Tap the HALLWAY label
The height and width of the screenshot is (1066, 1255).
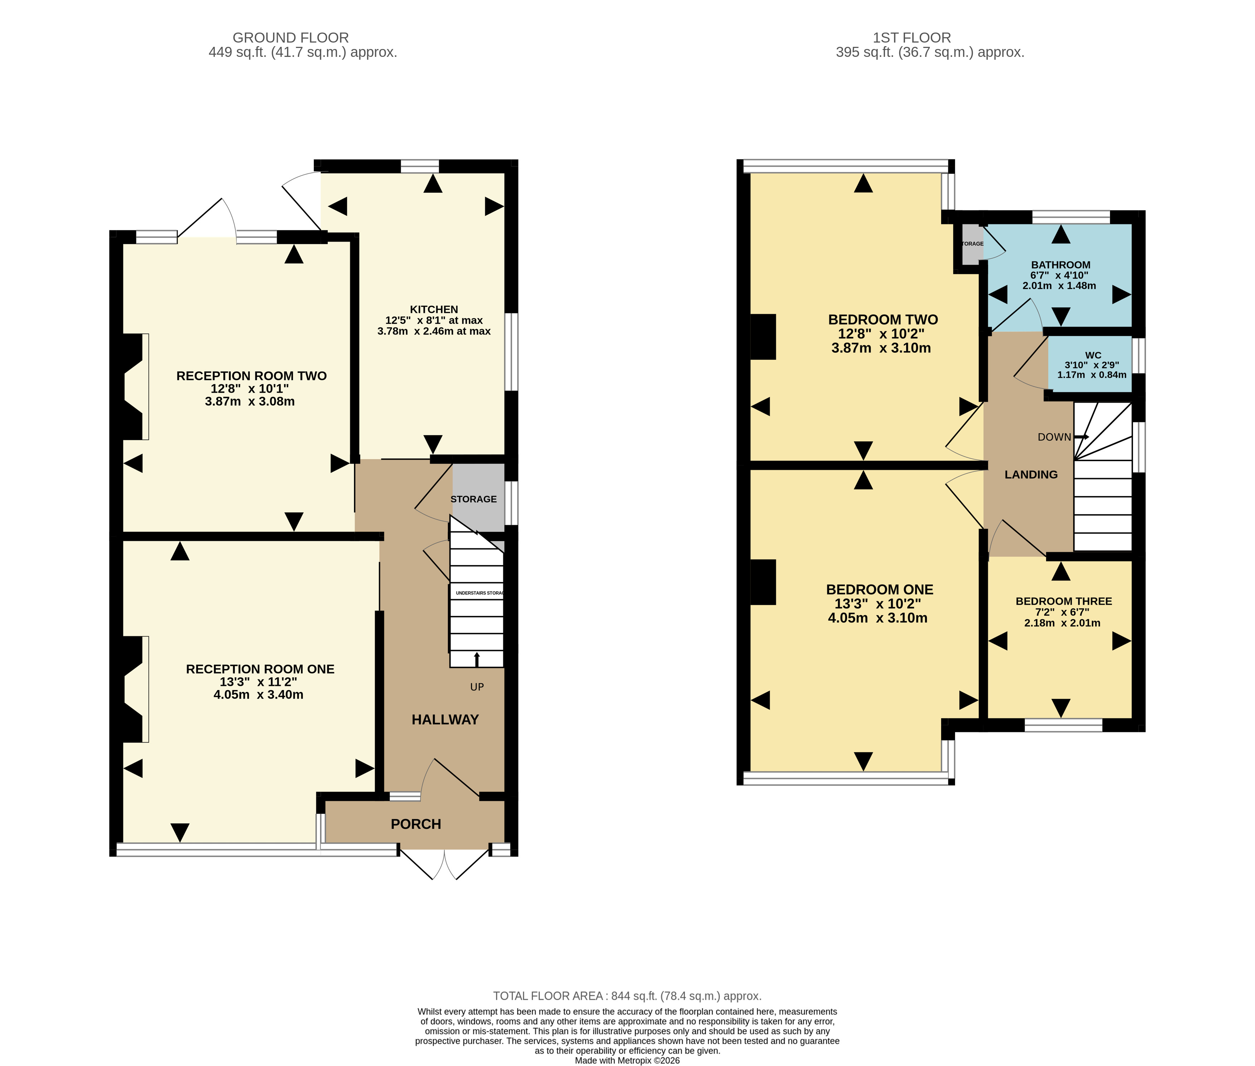point(445,720)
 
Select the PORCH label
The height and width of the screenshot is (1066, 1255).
point(415,824)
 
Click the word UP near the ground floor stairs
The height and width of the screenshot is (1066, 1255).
point(477,687)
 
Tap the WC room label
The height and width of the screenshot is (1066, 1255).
point(1093,355)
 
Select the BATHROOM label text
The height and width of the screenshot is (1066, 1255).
point(1060,265)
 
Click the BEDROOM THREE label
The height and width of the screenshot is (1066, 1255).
point(1063,601)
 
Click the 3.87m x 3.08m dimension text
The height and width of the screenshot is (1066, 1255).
point(250,402)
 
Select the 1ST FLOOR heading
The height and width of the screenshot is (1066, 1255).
point(911,38)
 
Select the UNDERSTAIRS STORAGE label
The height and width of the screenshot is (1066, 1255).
point(479,593)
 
